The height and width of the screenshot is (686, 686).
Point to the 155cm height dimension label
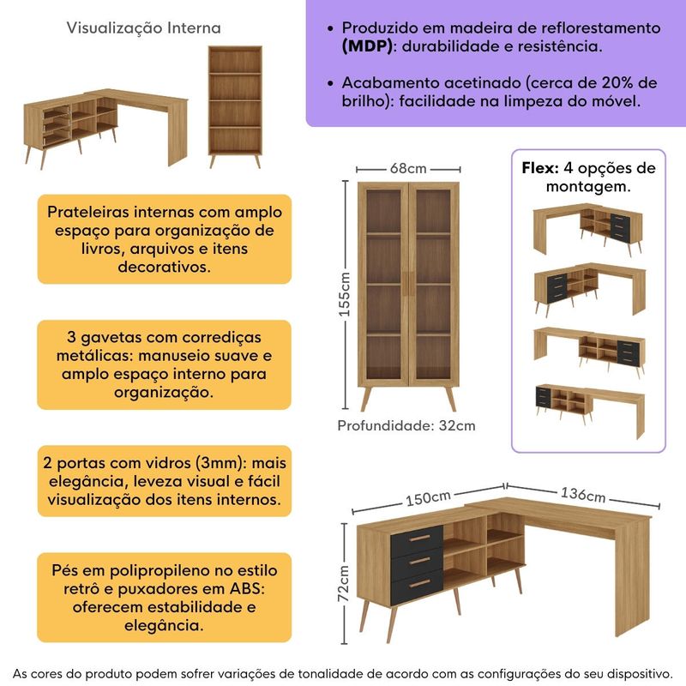[345, 295]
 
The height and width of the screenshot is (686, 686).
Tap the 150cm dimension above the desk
[429, 498]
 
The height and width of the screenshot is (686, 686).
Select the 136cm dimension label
[583, 495]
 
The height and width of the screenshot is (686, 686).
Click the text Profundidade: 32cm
[406, 425]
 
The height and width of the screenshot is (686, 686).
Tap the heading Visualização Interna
[143, 28]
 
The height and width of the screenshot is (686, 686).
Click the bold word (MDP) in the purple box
[366, 45]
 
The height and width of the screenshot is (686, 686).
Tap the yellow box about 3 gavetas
[164, 364]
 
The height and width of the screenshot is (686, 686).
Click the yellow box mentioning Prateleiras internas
[164, 239]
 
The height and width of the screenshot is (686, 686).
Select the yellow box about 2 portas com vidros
[164, 480]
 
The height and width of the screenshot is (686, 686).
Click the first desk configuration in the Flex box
[587, 228]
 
